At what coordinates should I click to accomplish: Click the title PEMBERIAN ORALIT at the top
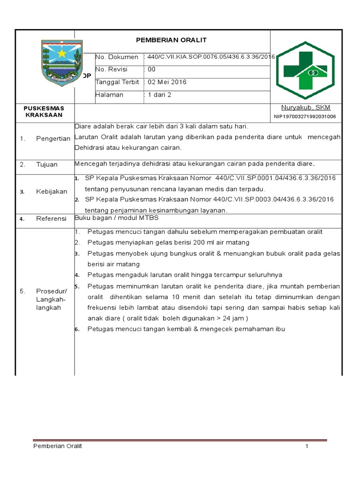(x=172, y=40)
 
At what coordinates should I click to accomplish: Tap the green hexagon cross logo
(x=305, y=70)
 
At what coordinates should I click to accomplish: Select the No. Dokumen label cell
(x=117, y=57)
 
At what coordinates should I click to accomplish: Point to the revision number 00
(x=151, y=69)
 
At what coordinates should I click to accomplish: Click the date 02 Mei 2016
(x=167, y=82)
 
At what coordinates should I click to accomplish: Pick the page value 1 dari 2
(x=160, y=95)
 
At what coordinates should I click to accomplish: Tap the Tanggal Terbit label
(x=118, y=82)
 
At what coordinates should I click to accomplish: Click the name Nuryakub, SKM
(x=306, y=107)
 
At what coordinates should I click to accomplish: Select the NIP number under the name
(x=305, y=117)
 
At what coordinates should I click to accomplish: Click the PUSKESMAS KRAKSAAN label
(x=44, y=112)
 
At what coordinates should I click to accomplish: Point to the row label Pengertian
(x=53, y=138)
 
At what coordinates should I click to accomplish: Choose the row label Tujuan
(x=47, y=165)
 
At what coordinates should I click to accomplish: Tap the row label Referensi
(x=51, y=219)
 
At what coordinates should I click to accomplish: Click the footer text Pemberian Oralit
(x=58, y=446)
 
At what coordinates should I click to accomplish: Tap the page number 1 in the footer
(x=307, y=446)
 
